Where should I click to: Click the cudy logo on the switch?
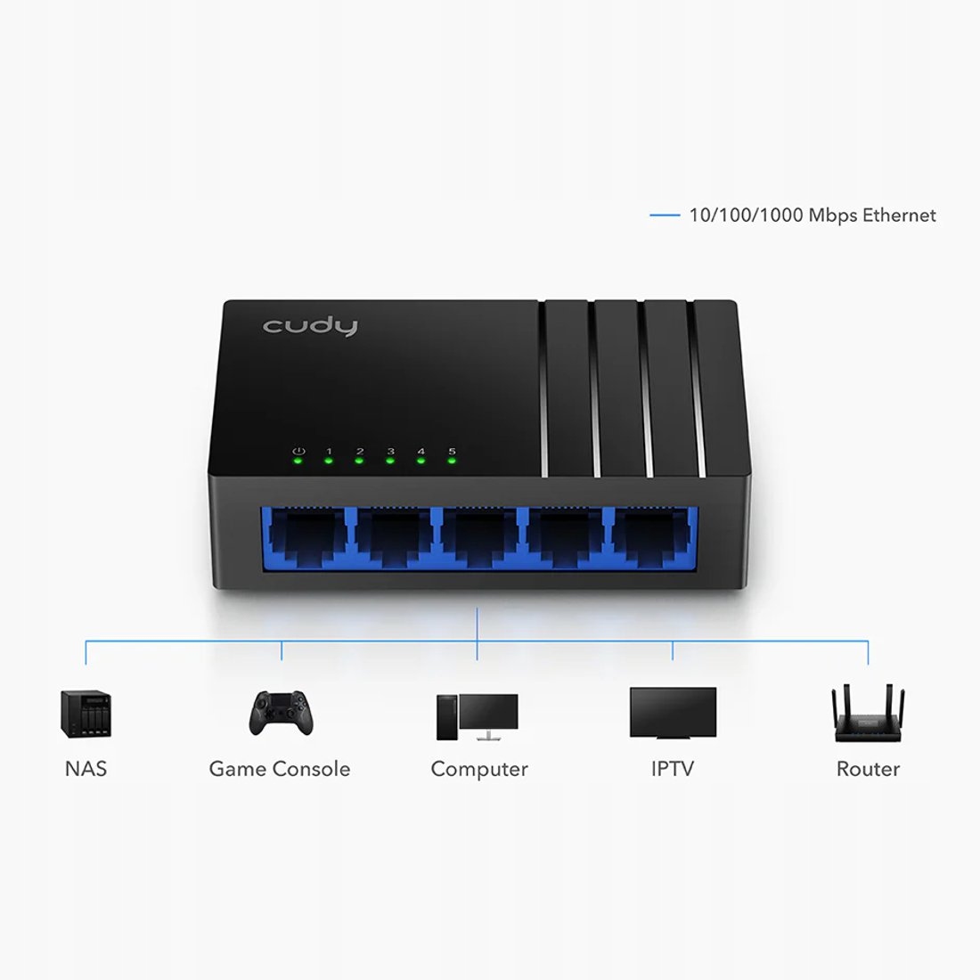coord(310,326)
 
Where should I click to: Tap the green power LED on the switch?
coord(298,461)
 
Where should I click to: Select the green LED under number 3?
coord(390,461)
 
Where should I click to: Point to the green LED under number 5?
coord(452,461)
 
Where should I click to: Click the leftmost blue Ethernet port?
coord(306,537)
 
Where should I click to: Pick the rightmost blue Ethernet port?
coord(652,537)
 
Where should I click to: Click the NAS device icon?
coord(86,714)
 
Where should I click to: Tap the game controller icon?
coord(282,713)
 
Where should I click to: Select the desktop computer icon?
coord(478,717)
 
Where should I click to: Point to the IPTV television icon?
coord(674,714)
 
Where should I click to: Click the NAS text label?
coord(86,769)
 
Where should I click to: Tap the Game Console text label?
coord(280,769)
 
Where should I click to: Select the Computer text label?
coord(479,770)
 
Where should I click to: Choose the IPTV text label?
coord(673,769)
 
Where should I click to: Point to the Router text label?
coord(868,769)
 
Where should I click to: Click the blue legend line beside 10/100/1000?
coord(665,215)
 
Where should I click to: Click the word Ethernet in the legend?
coord(900,215)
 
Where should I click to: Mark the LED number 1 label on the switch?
coord(329,452)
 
